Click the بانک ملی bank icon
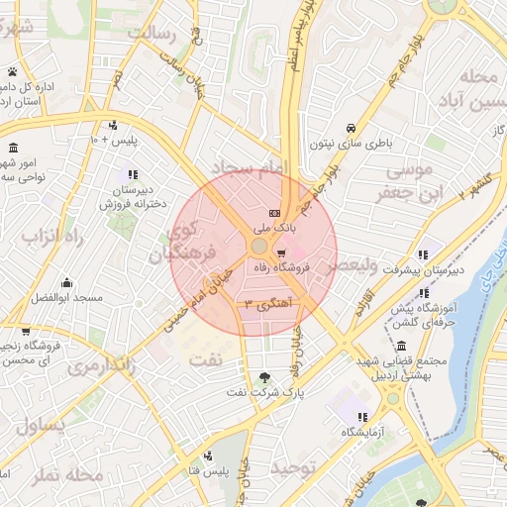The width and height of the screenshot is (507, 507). [274, 214]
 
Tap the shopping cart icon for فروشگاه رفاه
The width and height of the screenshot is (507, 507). [282, 253]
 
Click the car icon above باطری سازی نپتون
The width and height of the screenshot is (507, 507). [352, 128]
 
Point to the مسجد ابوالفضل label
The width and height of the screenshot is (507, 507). [66, 296]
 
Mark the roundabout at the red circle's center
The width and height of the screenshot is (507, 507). [258, 245]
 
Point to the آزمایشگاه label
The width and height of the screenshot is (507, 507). [364, 432]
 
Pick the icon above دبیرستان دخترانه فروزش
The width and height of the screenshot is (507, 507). [133, 174]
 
